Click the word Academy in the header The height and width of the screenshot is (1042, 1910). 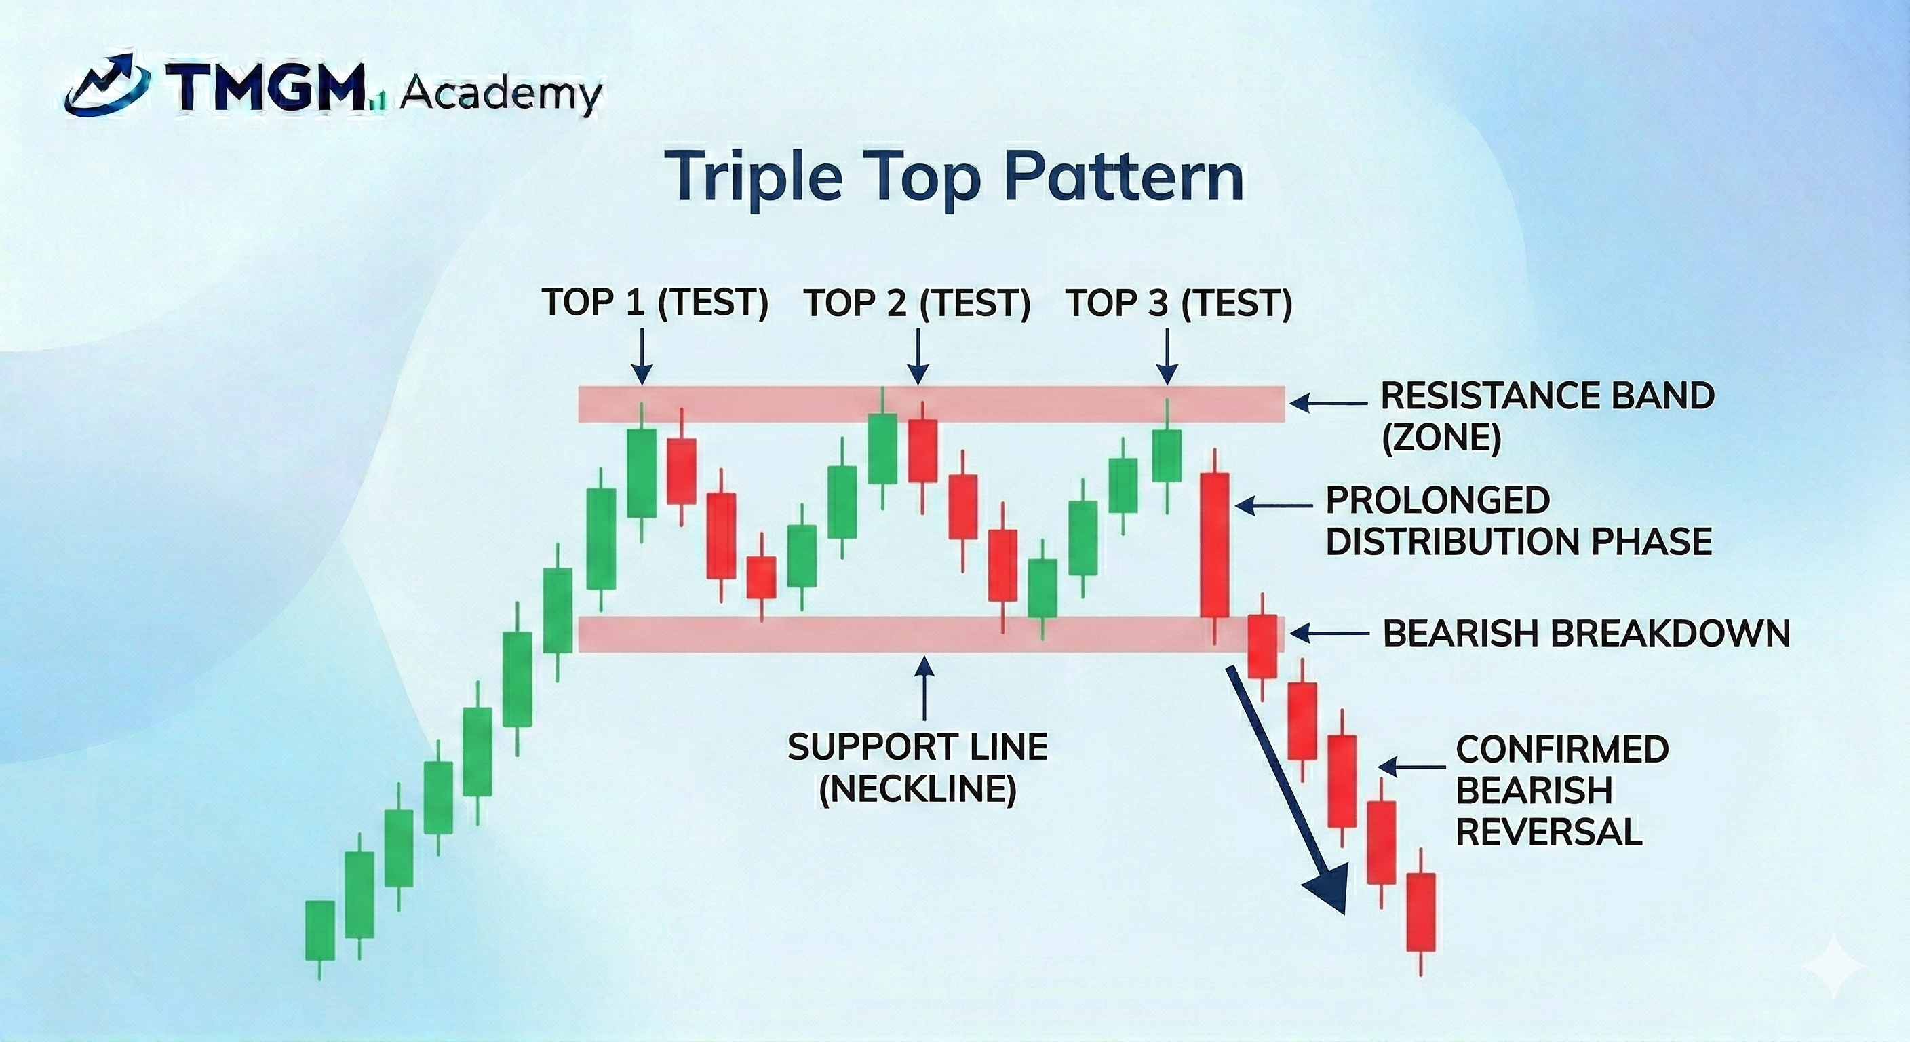click(501, 94)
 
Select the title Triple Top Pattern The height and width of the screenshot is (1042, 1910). click(954, 176)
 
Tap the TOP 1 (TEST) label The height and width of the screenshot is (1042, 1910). click(655, 303)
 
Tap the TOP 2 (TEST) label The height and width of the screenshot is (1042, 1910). click(917, 303)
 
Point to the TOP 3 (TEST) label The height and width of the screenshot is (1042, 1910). click(1179, 303)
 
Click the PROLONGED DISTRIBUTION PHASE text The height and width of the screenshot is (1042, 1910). click(1518, 520)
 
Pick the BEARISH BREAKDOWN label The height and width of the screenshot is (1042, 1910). click(1586, 634)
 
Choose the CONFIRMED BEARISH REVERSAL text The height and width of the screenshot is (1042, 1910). click(1561, 790)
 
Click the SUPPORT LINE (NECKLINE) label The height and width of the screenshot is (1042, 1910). click(917, 768)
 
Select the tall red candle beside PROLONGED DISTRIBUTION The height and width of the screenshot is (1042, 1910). click(1215, 545)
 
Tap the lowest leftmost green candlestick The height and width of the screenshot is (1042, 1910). click(320, 930)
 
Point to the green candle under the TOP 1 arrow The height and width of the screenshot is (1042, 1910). click(642, 472)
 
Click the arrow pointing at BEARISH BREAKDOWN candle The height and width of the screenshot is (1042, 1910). click(1329, 634)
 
